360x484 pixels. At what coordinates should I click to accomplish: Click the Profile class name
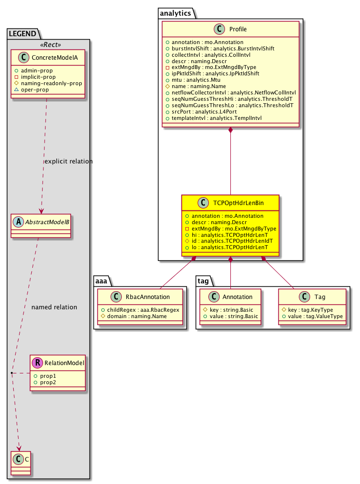coord(238,30)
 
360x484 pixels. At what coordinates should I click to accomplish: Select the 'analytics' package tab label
coord(175,14)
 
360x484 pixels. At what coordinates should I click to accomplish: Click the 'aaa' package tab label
coord(103,280)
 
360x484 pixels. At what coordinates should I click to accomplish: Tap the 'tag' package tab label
coord(204,280)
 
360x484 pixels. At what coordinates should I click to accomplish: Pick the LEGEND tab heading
coord(22,34)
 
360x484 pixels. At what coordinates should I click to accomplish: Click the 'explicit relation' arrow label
coord(68,161)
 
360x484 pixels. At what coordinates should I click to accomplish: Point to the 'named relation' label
coord(54,307)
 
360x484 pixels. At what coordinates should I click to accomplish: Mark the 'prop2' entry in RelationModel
coord(48,382)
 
